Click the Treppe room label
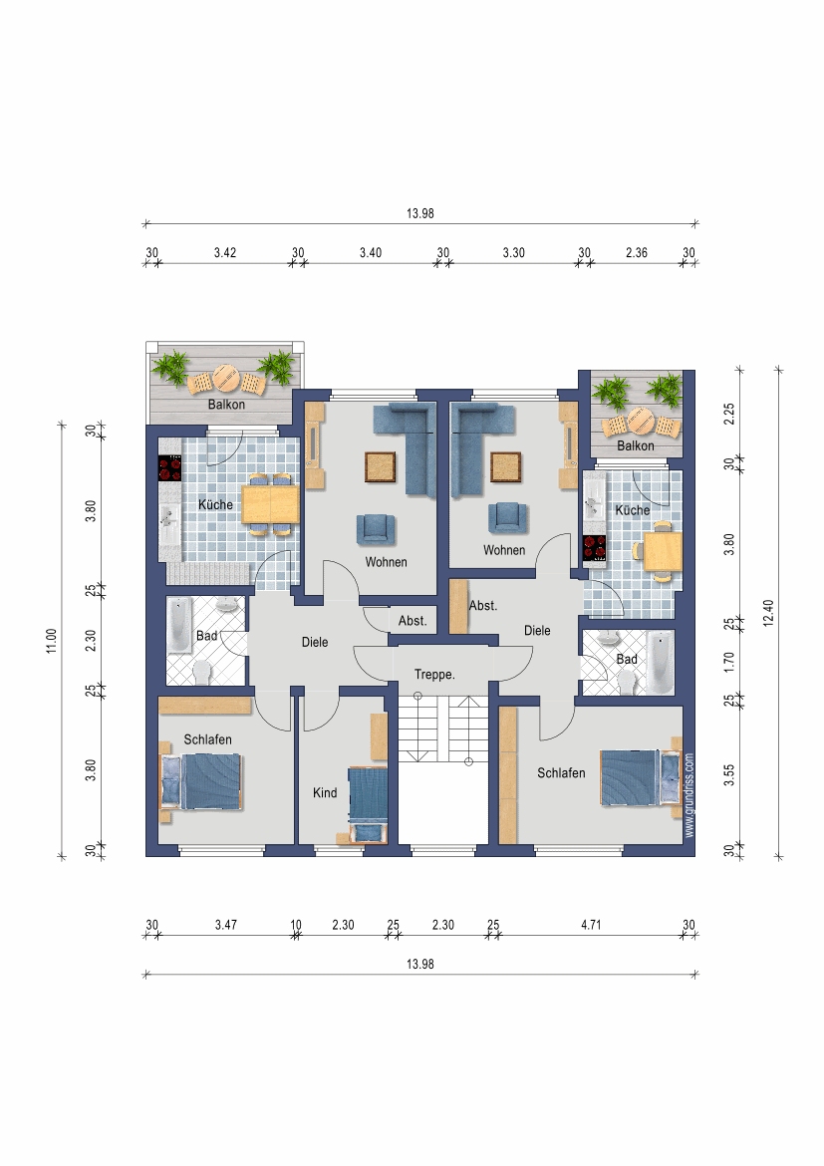click(x=434, y=675)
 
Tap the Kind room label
click(x=325, y=792)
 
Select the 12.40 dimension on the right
click(x=768, y=613)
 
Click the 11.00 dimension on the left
click(x=52, y=641)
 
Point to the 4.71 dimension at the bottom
click(x=591, y=925)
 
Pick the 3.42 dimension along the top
click(x=225, y=253)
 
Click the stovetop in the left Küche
click(x=170, y=467)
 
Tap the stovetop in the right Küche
click(x=595, y=547)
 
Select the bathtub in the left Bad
click(x=179, y=626)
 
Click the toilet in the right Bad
click(x=627, y=681)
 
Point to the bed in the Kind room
click(x=368, y=804)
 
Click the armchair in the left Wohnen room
click(x=377, y=529)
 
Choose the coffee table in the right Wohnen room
click(x=506, y=467)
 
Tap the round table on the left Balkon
click(x=225, y=378)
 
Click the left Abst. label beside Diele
click(x=412, y=621)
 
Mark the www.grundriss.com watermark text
click(x=688, y=795)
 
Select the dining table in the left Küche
click(x=271, y=503)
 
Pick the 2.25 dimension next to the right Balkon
click(x=728, y=415)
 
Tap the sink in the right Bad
click(x=610, y=637)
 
